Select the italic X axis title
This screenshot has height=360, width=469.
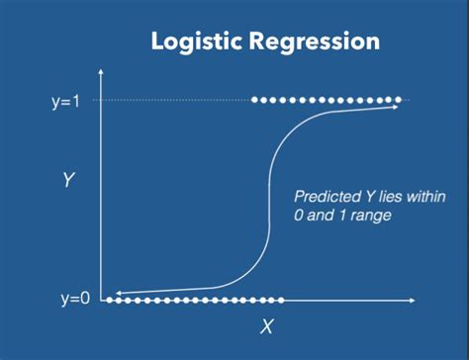click(x=266, y=327)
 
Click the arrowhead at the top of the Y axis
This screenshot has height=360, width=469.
click(x=100, y=73)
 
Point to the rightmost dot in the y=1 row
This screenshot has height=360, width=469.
click(x=400, y=100)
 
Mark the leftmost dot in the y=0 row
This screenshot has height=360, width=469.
click(x=108, y=299)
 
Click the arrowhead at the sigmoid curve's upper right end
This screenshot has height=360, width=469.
click(x=397, y=106)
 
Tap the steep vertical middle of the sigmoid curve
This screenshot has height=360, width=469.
click(x=267, y=198)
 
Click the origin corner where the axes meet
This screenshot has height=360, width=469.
click(x=101, y=299)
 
